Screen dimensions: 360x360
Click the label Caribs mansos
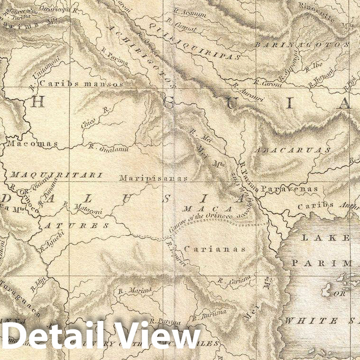pos(82,83)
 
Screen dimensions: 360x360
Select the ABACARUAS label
pos(293,150)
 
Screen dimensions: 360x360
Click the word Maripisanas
pos(153,178)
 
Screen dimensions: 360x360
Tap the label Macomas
pos(32,143)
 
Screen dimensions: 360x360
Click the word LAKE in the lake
pos(333,238)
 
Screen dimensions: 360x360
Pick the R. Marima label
pos(135,290)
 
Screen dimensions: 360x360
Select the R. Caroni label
pos(268,83)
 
